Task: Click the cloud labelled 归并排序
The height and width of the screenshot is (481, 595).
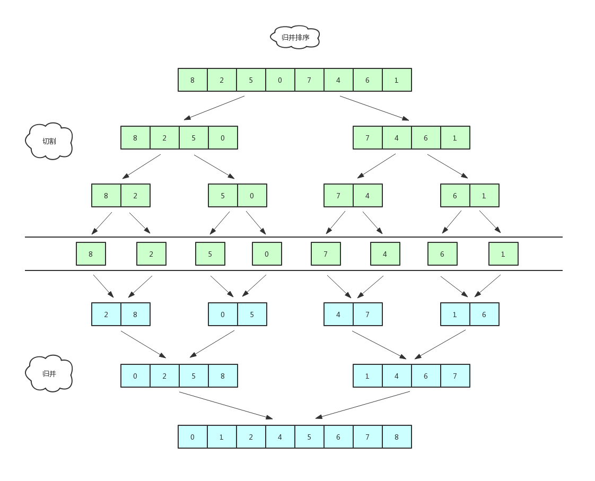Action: (x=295, y=37)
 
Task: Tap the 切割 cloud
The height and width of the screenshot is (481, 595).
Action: (x=49, y=141)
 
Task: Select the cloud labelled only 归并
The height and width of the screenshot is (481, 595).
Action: (x=49, y=373)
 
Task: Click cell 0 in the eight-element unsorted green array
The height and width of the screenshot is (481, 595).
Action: (x=280, y=80)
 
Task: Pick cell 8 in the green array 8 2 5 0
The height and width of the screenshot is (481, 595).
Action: (x=135, y=138)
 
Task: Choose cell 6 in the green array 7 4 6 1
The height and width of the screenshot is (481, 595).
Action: (x=426, y=138)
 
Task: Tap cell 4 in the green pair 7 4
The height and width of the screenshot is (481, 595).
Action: (x=367, y=196)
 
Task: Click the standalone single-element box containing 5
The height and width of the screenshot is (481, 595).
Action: (x=210, y=254)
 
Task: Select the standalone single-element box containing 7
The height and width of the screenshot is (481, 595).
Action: (x=326, y=254)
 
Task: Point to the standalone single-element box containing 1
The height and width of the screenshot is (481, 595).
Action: (x=503, y=254)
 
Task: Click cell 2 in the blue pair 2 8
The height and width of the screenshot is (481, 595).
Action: (x=106, y=314)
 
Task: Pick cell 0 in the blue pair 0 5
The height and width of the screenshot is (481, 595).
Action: (x=223, y=314)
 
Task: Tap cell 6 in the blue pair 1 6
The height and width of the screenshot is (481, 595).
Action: (x=484, y=314)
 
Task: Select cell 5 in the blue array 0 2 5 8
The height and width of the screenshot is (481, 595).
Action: (x=194, y=376)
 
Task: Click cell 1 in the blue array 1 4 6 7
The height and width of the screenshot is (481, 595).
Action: (x=367, y=376)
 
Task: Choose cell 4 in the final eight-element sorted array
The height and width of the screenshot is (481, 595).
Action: (x=280, y=437)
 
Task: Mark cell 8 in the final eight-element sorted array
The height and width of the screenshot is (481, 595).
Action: (x=397, y=437)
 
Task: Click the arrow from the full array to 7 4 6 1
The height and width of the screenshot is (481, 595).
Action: (x=374, y=108)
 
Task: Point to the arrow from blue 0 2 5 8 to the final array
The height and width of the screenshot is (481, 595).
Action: (x=226, y=406)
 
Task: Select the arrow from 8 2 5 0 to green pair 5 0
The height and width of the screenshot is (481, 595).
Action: (x=214, y=167)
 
